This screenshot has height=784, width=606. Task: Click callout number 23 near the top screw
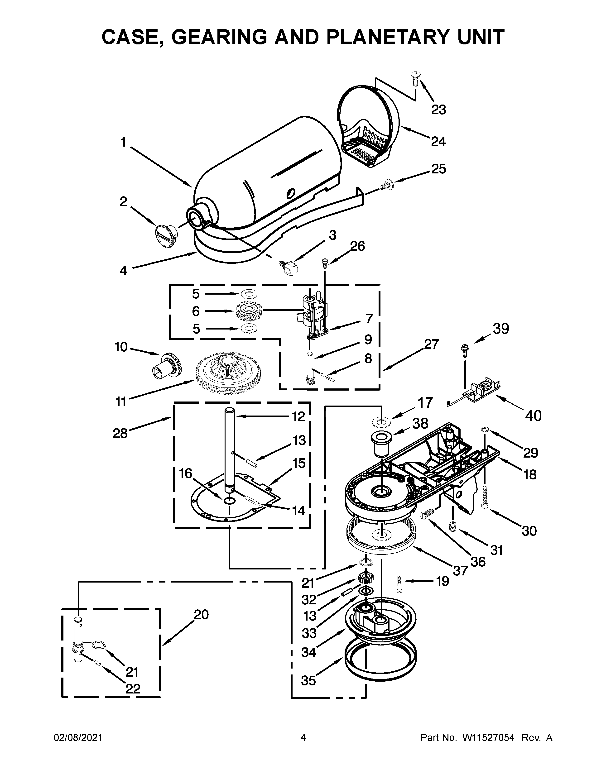click(438, 110)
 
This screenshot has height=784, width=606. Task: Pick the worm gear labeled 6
click(249, 311)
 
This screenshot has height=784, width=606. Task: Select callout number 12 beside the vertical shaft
click(298, 416)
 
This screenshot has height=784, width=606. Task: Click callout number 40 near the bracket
click(533, 416)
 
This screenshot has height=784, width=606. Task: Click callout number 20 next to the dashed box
click(201, 615)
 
